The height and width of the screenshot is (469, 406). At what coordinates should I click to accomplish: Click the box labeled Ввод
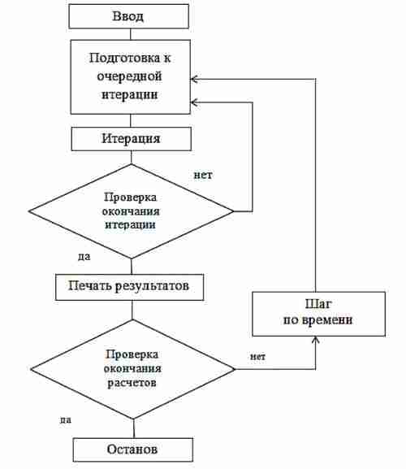pyautogui.click(x=129, y=16)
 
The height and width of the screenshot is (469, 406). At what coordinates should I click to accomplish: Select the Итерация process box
pyautogui.click(x=132, y=139)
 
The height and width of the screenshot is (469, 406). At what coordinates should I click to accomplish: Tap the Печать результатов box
pyautogui.click(x=129, y=287)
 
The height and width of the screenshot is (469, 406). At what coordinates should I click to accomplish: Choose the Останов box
pyautogui.click(x=133, y=449)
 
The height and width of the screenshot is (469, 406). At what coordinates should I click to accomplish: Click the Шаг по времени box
pyautogui.click(x=318, y=314)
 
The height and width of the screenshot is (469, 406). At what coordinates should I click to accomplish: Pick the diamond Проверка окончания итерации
pyautogui.click(x=131, y=211)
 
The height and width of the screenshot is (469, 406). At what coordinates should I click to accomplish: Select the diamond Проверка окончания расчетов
pyautogui.click(x=132, y=369)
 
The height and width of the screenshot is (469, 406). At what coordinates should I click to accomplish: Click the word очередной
pyautogui.click(x=129, y=76)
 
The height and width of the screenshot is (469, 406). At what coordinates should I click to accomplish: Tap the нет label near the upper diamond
pyautogui.click(x=203, y=175)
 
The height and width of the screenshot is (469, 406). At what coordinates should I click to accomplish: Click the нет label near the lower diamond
pyautogui.click(x=257, y=357)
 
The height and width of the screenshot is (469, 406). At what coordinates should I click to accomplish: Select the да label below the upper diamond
pyautogui.click(x=84, y=257)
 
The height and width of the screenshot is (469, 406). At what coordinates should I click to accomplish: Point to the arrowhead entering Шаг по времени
pyautogui.click(x=316, y=339)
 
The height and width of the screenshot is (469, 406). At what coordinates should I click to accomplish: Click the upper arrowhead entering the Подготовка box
pyautogui.click(x=194, y=80)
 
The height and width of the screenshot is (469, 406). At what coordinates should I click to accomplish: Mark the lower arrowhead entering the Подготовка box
pyautogui.click(x=194, y=102)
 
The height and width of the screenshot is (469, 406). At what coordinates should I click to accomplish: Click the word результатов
pyautogui.click(x=152, y=286)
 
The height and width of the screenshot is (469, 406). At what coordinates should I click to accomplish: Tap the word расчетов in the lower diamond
pyautogui.click(x=132, y=383)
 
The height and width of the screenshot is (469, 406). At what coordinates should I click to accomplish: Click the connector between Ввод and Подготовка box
pyautogui.click(x=131, y=34)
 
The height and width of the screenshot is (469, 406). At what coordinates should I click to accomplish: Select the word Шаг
pyautogui.click(x=318, y=304)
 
